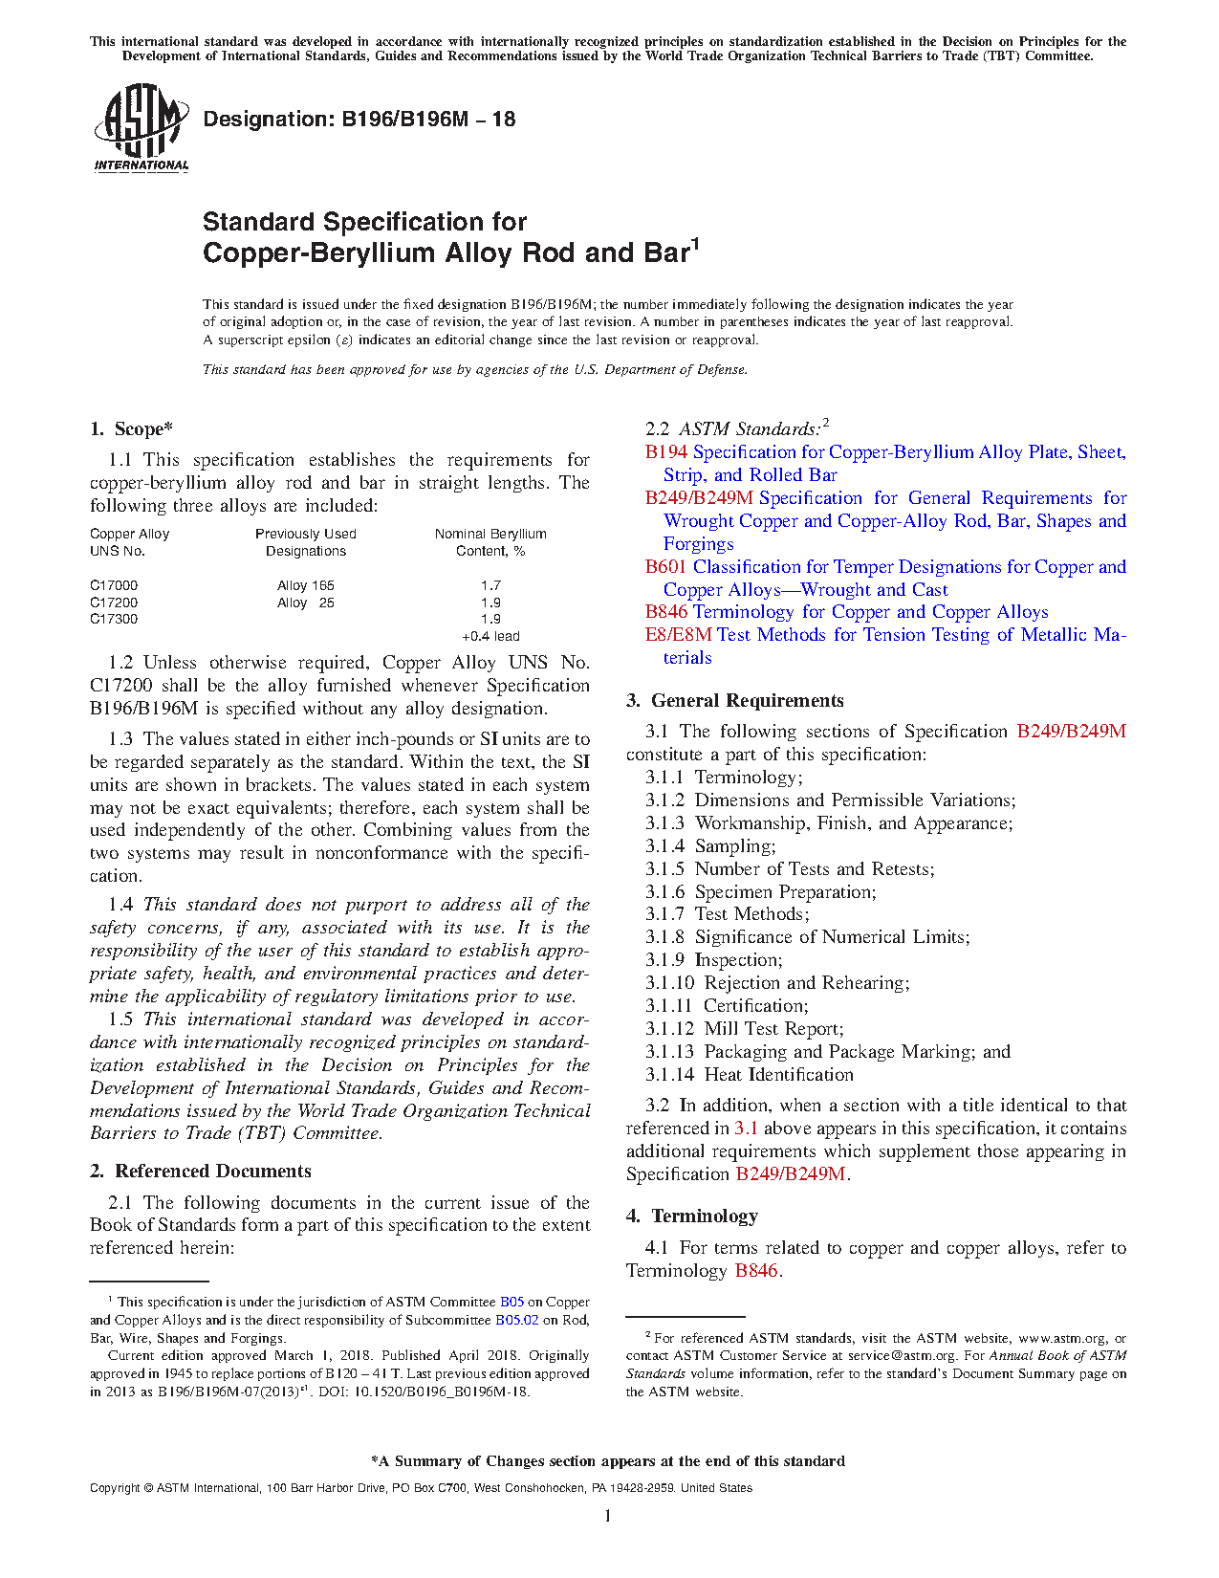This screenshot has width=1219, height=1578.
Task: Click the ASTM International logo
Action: click(x=141, y=127)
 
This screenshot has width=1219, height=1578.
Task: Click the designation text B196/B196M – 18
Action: click(x=359, y=120)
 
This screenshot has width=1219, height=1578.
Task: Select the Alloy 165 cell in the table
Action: click(x=306, y=585)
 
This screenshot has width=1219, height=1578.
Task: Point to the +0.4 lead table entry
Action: click(x=490, y=636)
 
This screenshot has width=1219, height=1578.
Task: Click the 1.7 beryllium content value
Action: click(x=490, y=585)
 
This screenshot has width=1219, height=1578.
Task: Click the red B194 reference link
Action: click(x=666, y=452)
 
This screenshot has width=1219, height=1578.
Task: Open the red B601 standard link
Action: click(x=666, y=567)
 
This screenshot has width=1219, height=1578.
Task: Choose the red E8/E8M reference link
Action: click(x=679, y=635)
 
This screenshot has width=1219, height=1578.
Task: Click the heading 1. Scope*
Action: click(x=132, y=429)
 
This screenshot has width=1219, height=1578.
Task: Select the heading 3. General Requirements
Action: click(x=735, y=701)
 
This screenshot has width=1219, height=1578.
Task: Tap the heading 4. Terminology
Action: click(x=692, y=1216)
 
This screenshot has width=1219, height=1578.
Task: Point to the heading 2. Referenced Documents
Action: click(x=201, y=1172)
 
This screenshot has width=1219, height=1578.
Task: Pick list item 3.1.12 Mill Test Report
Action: click(x=745, y=1029)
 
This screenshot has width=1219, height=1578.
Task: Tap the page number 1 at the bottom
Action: click(x=608, y=1516)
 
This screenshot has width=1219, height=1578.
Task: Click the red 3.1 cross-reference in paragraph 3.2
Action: click(x=746, y=1129)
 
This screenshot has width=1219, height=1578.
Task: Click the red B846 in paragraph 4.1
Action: click(x=756, y=1271)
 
